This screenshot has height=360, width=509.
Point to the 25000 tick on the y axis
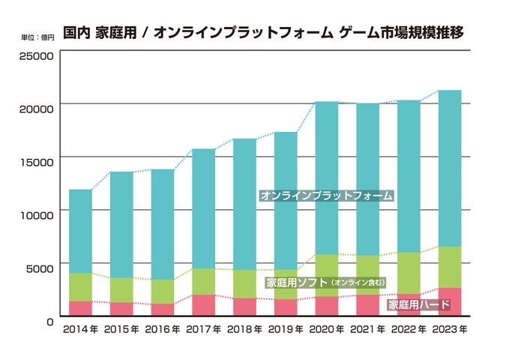(36, 56)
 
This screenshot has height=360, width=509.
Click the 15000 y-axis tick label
(36, 161)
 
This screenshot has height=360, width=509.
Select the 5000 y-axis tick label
(39, 267)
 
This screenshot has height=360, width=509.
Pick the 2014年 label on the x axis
(79, 330)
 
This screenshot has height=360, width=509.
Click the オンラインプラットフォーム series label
(327, 196)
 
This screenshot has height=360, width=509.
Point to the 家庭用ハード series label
(418, 305)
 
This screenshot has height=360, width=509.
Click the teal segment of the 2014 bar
(80, 231)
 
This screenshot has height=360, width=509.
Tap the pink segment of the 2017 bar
(203, 305)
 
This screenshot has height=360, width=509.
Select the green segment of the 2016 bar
(162, 291)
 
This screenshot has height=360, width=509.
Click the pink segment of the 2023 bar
(449, 301)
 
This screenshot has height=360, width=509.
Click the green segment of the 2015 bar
(121, 289)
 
